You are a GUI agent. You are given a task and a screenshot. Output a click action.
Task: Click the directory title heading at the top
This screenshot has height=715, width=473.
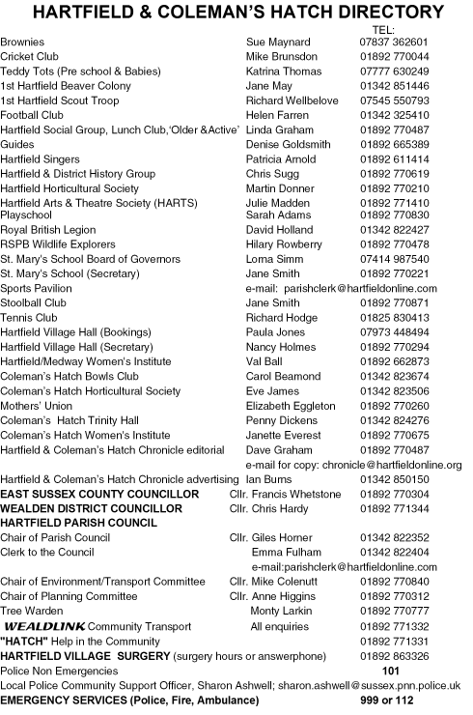(x=237, y=13)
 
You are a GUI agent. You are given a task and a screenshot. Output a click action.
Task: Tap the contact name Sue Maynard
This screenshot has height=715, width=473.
(x=279, y=43)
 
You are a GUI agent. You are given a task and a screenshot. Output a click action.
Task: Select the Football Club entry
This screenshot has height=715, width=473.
(x=33, y=115)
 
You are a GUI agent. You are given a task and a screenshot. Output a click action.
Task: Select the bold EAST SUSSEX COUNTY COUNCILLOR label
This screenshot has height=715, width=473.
(x=100, y=493)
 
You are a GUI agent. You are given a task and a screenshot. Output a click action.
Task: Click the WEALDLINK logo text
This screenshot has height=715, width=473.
(x=43, y=626)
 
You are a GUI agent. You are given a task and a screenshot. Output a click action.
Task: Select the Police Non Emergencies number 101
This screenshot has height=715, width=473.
(x=391, y=670)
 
